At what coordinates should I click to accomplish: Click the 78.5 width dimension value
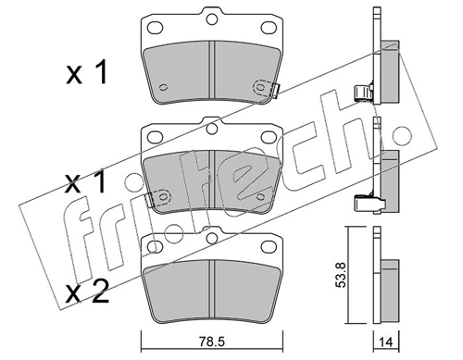pyautogui.click(x=212, y=341)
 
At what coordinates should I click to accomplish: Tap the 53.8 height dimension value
pyautogui.click(x=341, y=275)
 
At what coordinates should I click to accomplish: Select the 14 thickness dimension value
pyautogui.click(x=386, y=342)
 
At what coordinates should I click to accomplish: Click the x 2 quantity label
pyautogui.click(x=87, y=292)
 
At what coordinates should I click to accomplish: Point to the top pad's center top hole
pyautogui.click(x=211, y=19)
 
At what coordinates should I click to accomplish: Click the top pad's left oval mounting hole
pyautogui.click(x=155, y=28)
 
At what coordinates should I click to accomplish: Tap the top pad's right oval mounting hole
pyautogui.click(x=269, y=28)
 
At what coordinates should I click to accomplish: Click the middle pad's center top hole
pyautogui.click(x=211, y=129)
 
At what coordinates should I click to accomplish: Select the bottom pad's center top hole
pyautogui.click(x=211, y=238)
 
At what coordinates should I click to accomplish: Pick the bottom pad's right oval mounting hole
pyautogui.click(x=269, y=246)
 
